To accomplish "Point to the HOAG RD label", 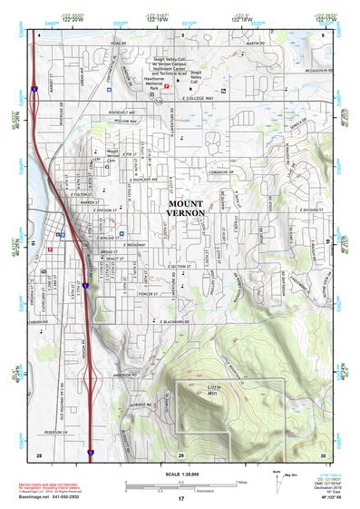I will [115, 43].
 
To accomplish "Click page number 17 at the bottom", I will [181, 498].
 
